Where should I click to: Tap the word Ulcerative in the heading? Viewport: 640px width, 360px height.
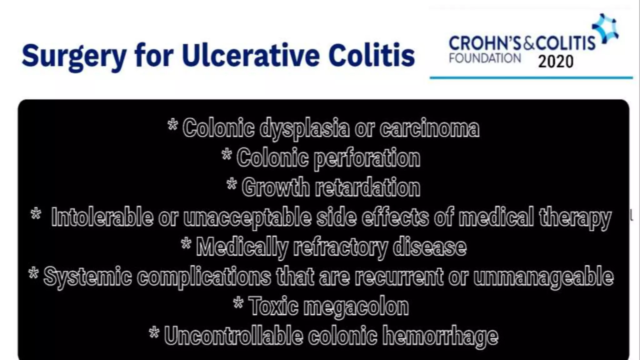(x=250, y=56)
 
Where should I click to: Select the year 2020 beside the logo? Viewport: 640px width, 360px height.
(x=556, y=62)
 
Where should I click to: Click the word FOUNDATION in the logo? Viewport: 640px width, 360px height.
(x=485, y=58)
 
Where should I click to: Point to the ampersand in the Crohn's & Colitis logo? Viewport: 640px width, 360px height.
(x=529, y=43)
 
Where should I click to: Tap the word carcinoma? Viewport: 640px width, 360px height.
(x=429, y=128)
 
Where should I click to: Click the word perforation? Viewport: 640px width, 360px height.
(x=367, y=158)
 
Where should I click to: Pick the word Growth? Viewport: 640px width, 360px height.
(x=275, y=187)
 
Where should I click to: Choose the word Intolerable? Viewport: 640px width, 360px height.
(x=102, y=217)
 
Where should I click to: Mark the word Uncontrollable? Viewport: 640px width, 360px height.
(x=233, y=336)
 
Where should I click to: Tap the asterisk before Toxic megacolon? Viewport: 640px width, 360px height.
(x=238, y=302)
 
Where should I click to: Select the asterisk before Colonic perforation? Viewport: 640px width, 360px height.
(x=227, y=154)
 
